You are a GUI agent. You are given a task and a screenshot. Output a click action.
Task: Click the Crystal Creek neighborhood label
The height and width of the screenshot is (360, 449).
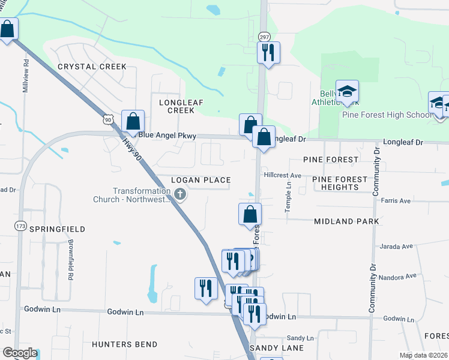(x=92, y=67)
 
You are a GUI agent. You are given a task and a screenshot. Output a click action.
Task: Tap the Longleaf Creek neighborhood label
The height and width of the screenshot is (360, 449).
(x=176, y=106)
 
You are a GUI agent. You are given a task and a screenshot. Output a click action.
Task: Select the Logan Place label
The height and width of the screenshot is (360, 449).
(x=200, y=180)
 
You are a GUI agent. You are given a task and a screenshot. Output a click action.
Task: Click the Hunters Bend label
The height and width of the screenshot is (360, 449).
(x=125, y=344)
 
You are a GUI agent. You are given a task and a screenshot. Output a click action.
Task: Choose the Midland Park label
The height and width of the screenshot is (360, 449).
(x=346, y=221)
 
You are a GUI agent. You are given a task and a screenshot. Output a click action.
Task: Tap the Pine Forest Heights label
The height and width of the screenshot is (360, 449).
(x=340, y=183)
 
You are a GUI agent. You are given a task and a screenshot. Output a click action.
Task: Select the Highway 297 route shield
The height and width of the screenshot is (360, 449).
(x=264, y=37)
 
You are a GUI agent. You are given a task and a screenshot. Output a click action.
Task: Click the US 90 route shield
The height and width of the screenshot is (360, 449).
(x=107, y=119)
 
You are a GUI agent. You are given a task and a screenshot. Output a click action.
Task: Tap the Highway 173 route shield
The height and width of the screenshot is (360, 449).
(x=21, y=226)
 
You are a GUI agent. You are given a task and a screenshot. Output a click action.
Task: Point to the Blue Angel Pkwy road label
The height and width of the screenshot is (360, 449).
(x=167, y=136)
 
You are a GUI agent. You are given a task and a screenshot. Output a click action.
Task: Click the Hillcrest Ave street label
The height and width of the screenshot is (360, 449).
(x=282, y=175)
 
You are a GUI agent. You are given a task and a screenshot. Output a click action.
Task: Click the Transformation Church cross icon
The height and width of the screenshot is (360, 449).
(x=181, y=194)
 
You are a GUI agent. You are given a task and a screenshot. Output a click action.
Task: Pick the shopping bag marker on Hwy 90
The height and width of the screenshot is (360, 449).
(x=133, y=122)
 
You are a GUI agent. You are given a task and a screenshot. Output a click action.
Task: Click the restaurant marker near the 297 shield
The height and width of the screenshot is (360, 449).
(x=268, y=53)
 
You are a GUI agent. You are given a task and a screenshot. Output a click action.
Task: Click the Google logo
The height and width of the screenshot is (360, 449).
(x=20, y=353)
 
